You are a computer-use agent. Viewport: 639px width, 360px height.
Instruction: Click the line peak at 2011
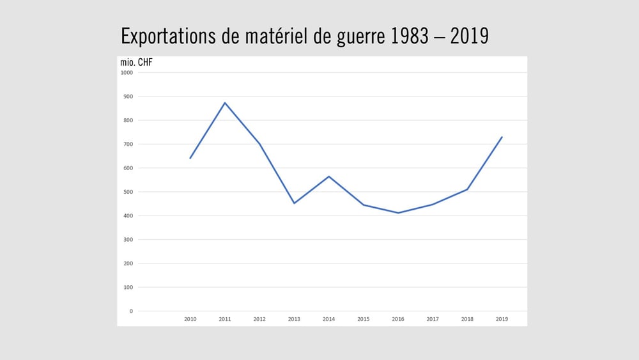[225, 103]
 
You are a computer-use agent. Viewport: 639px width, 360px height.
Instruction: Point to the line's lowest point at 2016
[398, 213]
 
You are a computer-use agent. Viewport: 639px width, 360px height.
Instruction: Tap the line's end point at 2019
[502, 137]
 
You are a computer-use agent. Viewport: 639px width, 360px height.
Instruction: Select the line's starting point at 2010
[190, 158]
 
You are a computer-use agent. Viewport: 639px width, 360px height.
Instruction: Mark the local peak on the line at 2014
[328, 176]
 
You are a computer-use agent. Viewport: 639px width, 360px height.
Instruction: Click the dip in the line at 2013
[294, 203]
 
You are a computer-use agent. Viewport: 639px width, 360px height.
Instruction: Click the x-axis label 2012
[259, 319]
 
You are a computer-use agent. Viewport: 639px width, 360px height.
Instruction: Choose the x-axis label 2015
[363, 319]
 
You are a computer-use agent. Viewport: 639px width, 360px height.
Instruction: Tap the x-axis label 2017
[433, 319]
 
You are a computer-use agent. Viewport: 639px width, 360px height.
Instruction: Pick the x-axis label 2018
[467, 319]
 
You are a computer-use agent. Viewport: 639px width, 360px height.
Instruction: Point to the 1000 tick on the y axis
[127, 73]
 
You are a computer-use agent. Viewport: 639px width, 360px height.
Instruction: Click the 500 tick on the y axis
[128, 192]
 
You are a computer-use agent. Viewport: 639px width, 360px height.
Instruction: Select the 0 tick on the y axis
[131, 311]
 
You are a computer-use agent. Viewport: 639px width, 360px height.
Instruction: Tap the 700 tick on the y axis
[128, 145]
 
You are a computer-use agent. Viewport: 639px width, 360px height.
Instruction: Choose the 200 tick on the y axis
[128, 263]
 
